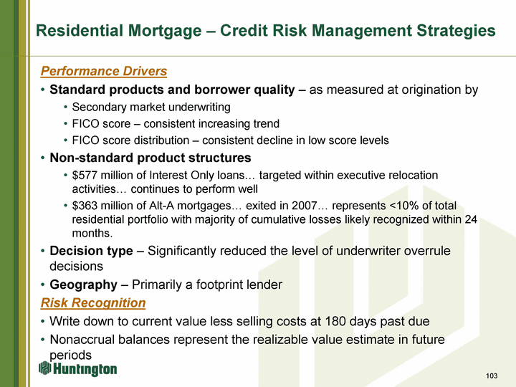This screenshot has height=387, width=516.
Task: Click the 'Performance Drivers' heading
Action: coord(104,71)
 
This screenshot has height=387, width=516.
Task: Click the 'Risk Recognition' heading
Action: coord(93,302)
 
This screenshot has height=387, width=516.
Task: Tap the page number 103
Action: coord(492,376)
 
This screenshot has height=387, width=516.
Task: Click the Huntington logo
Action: coord(77,369)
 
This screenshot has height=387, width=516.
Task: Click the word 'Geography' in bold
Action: coord(83,285)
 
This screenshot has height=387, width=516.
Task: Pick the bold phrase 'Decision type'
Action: coord(91,251)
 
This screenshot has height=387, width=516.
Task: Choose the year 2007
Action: coord(305,206)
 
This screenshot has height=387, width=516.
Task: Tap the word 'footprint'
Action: coord(218,285)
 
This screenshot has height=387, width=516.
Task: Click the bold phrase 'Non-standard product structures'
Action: coord(150,158)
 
